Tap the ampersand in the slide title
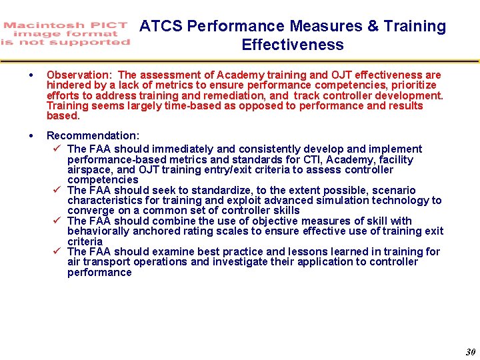[373, 27]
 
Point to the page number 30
[471, 352]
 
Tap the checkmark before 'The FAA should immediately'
[57, 149]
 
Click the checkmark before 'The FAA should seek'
[57, 190]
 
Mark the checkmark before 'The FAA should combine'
[57, 221]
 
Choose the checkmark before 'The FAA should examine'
[57, 251]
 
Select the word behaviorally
[99, 231]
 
